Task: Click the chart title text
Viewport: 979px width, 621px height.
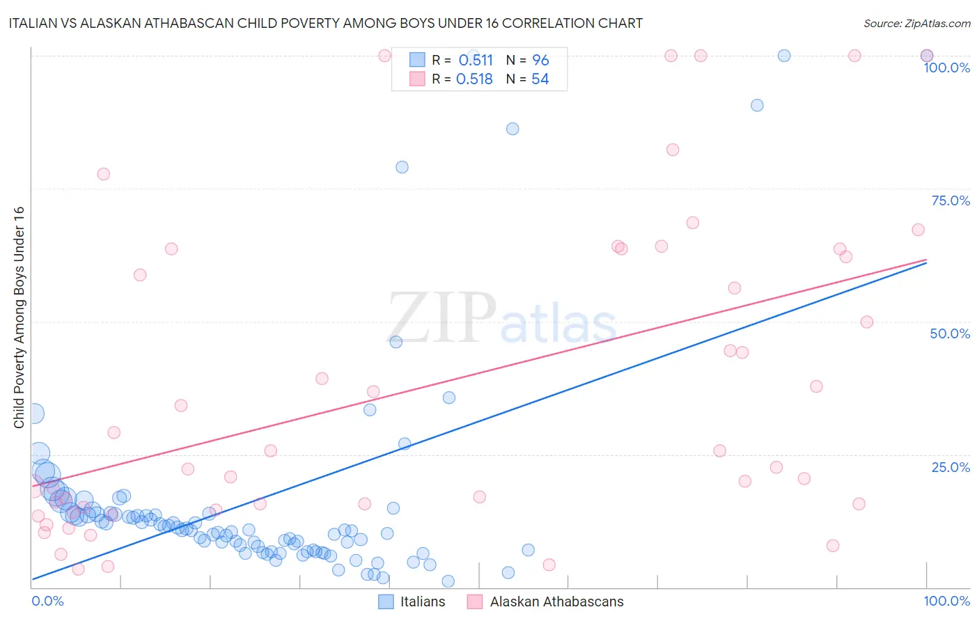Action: click(325, 23)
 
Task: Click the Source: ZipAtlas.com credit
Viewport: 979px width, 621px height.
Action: click(916, 23)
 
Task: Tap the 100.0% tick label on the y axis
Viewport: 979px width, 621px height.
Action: click(946, 68)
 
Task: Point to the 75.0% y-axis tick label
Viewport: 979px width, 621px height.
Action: click(950, 201)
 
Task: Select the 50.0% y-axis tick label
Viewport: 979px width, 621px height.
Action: click(950, 333)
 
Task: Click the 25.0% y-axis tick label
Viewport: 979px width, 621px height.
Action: click(950, 467)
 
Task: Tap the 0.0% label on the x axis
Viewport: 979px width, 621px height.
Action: click(47, 601)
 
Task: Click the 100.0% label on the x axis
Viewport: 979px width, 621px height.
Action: click(946, 601)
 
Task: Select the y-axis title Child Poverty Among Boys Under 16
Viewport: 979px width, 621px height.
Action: click(19, 317)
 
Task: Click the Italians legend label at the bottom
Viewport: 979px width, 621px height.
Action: click(423, 602)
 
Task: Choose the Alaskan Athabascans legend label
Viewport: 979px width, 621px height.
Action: click(556, 602)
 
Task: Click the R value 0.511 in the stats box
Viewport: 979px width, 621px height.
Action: click(476, 61)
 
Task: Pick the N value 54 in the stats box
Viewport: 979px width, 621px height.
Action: click(540, 79)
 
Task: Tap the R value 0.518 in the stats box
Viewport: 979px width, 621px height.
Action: click(474, 79)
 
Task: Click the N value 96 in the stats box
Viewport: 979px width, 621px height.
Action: click(540, 61)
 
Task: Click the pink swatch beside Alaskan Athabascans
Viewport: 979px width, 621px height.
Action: click(475, 602)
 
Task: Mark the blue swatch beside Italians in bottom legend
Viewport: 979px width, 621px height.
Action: click(386, 602)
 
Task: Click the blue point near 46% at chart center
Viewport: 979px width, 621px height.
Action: click(395, 342)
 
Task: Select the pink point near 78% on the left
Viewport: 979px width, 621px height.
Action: click(104, 174)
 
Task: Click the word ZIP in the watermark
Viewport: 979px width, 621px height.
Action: click(441, 318)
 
